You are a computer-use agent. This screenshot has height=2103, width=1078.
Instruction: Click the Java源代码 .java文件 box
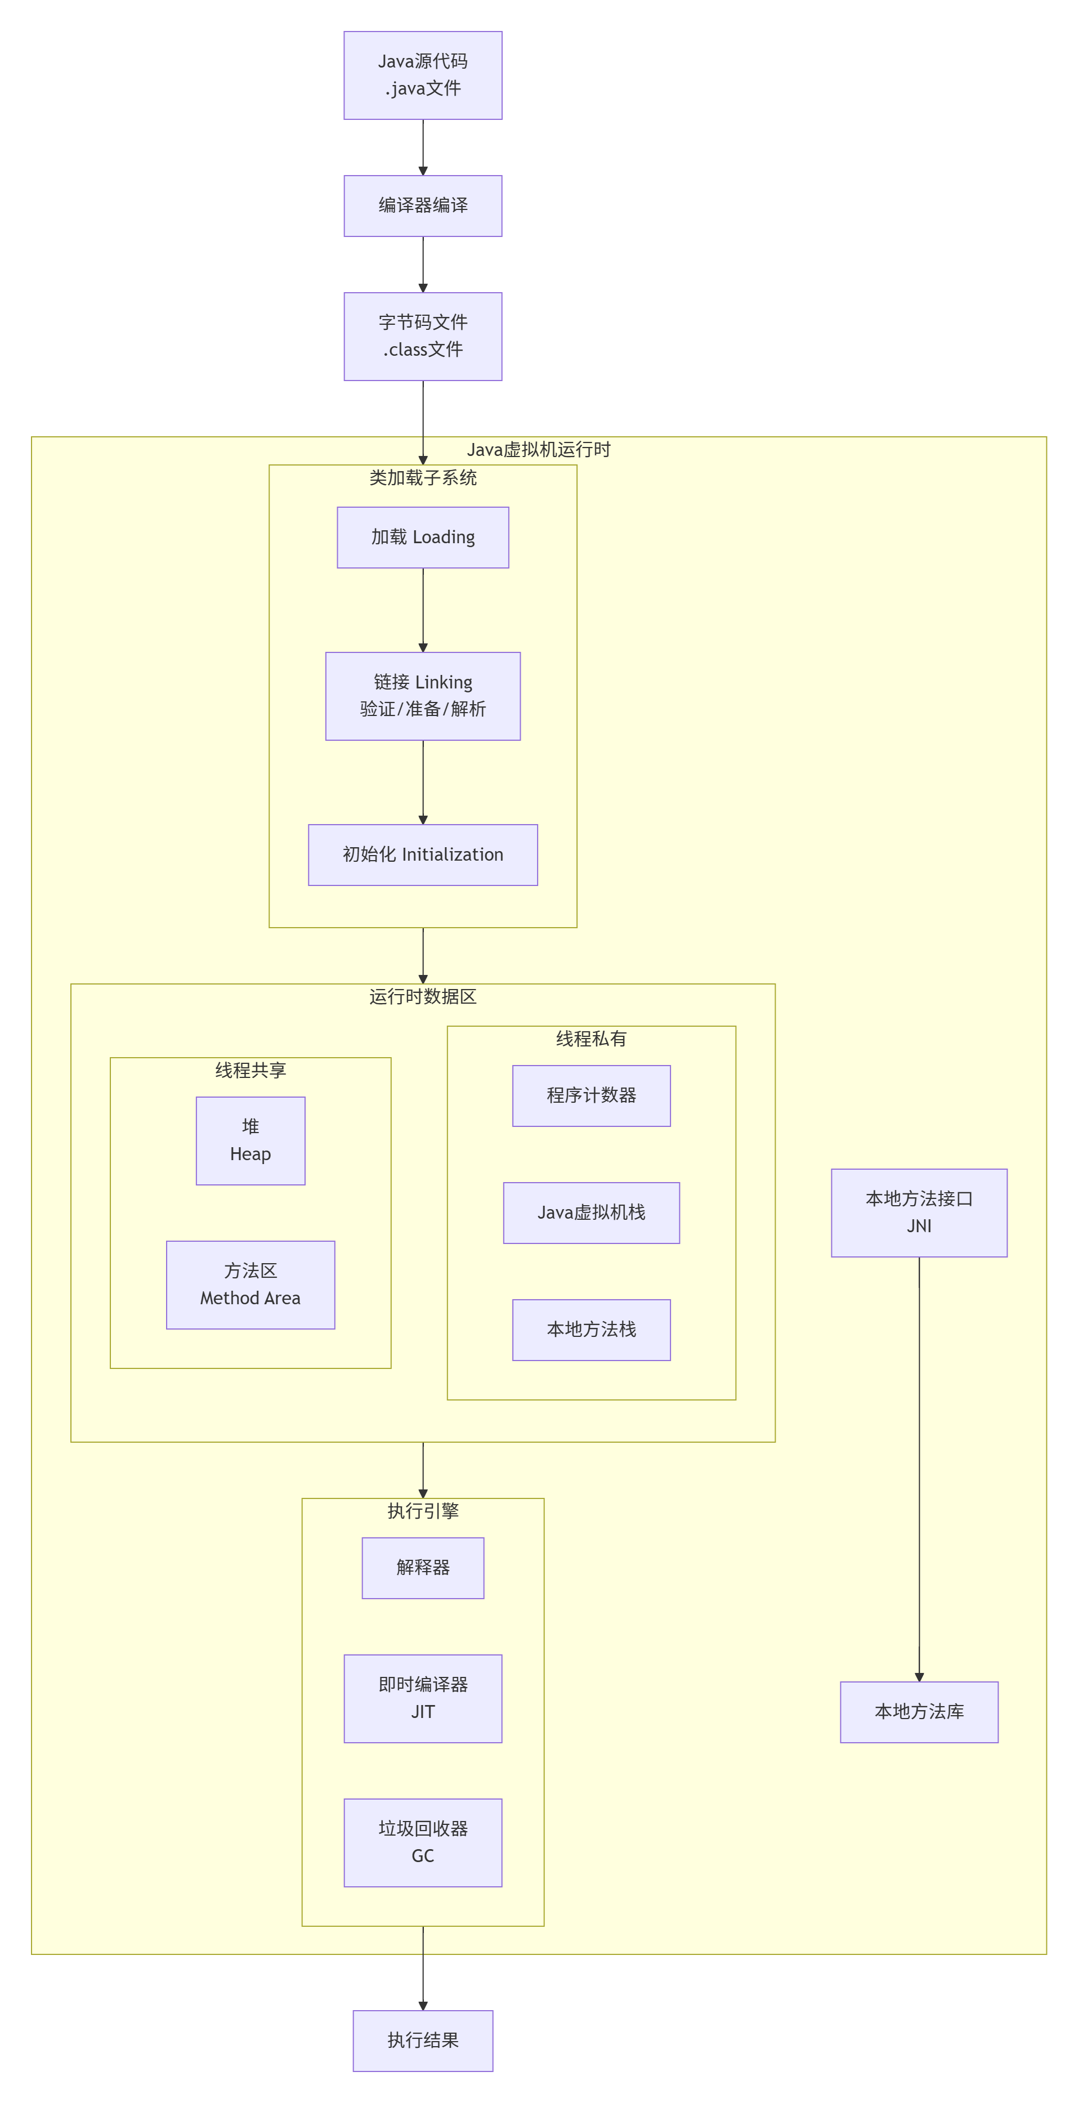(x=422, y=75)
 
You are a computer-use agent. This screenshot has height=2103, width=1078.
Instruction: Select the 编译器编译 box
(x=422, y=205)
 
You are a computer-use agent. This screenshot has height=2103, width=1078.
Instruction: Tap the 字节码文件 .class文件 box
(x=422, y=337)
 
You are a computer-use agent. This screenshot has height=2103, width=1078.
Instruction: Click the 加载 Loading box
(x=422, y=537)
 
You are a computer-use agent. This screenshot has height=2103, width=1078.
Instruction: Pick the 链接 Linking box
(x=422, y=696)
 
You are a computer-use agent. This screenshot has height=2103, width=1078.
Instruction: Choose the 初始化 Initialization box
(x=422, y=854)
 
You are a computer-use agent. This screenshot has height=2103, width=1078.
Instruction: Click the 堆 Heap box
(x=250, y=1140)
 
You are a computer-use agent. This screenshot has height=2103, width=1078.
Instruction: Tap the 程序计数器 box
(x=591, y=1095)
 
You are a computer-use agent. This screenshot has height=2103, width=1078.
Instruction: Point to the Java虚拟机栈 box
(x=591, y=1213)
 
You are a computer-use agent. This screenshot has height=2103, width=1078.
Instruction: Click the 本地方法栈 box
(x=591, y=1330)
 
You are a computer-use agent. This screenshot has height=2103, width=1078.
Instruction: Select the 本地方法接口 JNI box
(x=919, y=1212)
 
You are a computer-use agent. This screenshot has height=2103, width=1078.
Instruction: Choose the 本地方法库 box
(x=919, y=1712)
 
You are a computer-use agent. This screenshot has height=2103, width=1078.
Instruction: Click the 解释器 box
(x=422, y=1568)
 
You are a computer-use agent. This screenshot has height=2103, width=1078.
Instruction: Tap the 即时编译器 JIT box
(x=422, y=1699)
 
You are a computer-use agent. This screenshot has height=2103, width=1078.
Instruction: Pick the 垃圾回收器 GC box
(x=422, y=1842)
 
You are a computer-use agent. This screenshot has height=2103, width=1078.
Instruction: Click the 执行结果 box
(x=422, y=2041)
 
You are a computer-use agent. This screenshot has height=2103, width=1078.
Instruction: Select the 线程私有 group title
(x=591, y=1039)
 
